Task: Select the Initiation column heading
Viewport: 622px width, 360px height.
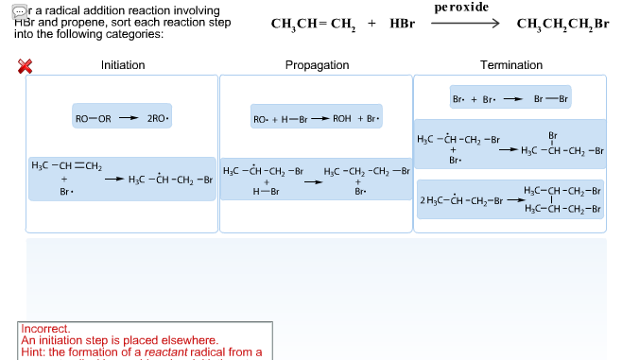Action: click(123, 65)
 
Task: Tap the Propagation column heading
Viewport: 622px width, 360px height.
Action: click(317, 65)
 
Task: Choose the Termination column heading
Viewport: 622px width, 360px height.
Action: click(511, 65)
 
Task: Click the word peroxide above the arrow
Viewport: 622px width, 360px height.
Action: click(461, 8)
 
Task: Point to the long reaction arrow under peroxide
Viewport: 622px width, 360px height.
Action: click(464, 24)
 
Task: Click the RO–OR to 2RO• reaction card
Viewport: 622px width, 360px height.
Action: click(123, 118)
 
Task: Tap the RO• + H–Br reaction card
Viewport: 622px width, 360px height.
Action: click(317, 118)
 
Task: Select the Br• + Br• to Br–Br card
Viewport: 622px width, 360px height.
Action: click(511, 98)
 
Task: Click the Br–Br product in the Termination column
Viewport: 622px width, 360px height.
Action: click(551, 98)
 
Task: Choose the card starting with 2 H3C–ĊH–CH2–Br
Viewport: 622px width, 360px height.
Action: click(511, 199)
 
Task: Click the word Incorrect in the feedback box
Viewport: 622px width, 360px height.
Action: click(45, 330)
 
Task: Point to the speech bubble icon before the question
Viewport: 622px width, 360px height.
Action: click(20, 9)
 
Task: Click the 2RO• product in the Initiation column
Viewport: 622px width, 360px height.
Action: click(158, 118)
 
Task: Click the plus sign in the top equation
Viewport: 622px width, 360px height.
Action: click(371, 25)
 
